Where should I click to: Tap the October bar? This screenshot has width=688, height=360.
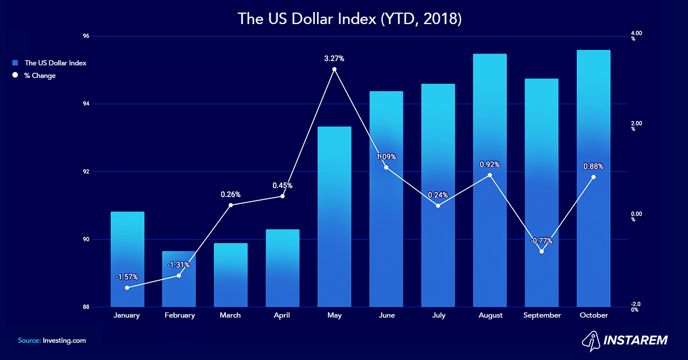coord(593,178)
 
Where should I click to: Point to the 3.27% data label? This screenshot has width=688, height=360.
coord(334,58)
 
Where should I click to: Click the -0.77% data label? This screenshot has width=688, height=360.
coord(542,241)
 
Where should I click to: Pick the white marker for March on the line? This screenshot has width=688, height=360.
coord(230,205)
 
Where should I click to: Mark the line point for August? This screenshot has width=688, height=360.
coord(490,175)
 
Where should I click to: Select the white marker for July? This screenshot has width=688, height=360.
coord(438,205)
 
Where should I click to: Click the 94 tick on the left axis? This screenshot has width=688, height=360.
coord(86,104)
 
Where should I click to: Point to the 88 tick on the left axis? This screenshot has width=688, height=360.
coord(86,307)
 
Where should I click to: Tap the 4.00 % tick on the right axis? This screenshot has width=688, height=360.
coord(636,36)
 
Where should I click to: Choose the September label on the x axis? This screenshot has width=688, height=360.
coord(542,315)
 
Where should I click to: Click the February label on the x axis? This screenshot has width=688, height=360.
coord(179,315)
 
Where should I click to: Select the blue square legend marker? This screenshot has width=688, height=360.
coord(15,63)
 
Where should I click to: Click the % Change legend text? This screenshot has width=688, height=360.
coord(40,76)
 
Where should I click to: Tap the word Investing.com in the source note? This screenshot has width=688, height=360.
coord(64,341)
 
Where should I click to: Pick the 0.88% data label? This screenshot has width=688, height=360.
coord(593,167)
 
